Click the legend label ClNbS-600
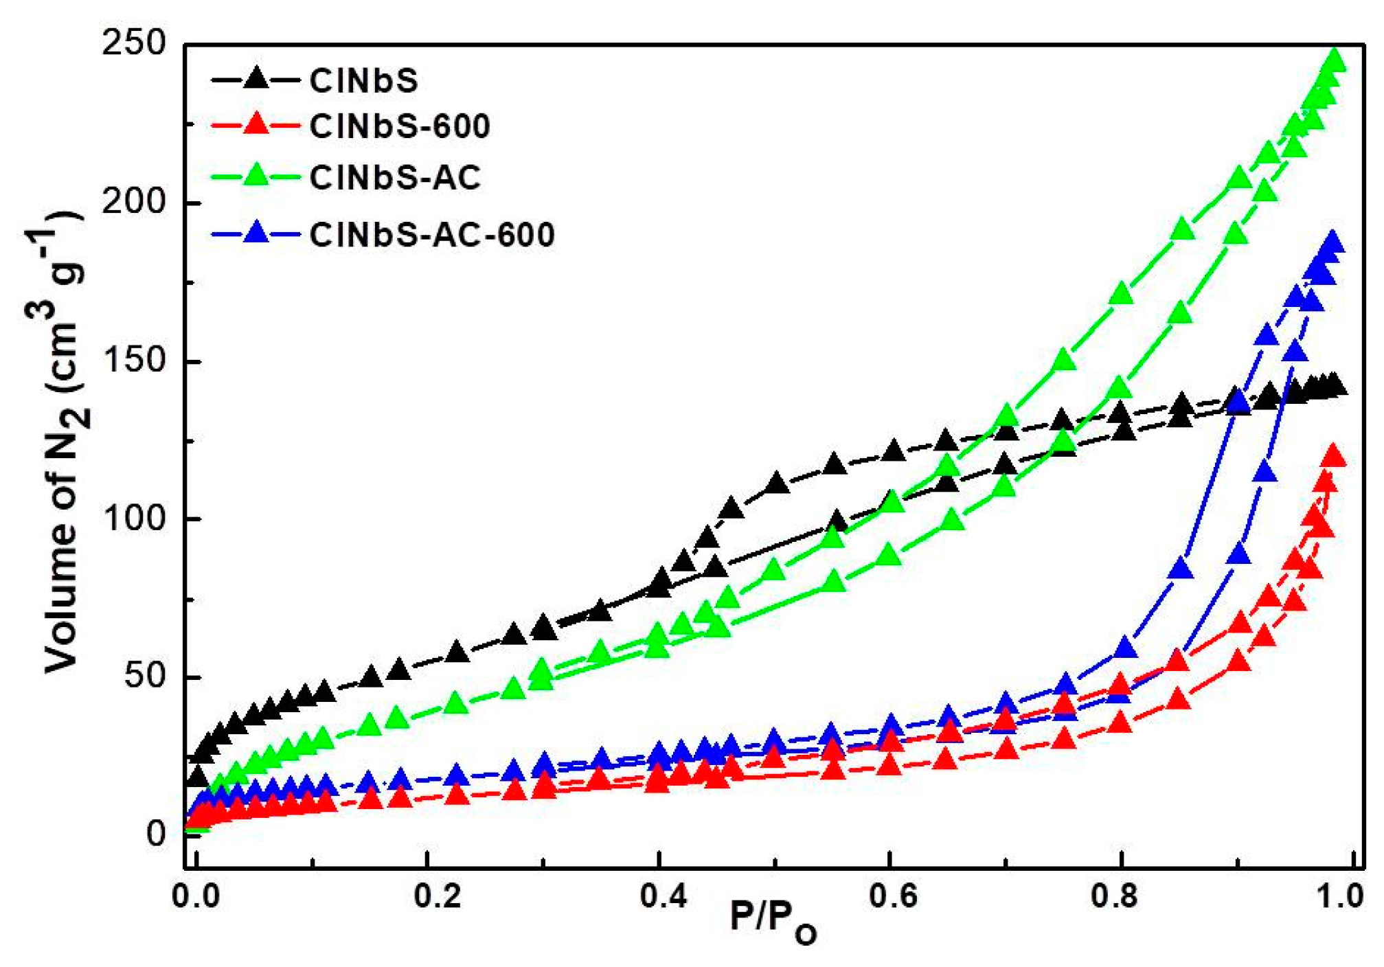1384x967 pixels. (399, 126)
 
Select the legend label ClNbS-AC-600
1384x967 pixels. (431, 235)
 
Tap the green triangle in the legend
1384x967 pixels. (256, 175)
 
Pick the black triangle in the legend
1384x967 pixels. (256, 78)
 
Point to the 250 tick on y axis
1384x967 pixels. (134, 44)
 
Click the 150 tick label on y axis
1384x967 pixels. (134, 361)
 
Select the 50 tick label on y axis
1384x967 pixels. (145, 676)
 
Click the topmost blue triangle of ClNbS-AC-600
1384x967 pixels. (1332, 242)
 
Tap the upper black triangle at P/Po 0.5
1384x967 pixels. (777, 483)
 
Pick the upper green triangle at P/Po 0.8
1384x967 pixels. (1122, 293)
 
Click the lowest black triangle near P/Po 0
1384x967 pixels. (196, 777)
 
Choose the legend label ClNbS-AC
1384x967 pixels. (395, 178)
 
